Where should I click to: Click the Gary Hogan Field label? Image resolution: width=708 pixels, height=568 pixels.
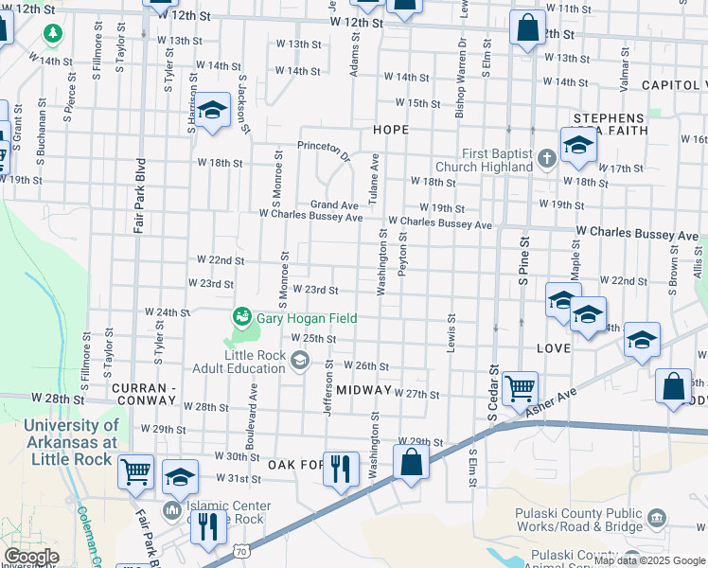pos(307,319)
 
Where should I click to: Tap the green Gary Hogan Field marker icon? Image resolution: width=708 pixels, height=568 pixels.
pos(242,316)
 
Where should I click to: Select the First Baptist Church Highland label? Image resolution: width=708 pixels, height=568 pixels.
pos(497,160)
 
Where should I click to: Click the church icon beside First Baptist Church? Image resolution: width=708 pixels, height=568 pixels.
pos(546,158)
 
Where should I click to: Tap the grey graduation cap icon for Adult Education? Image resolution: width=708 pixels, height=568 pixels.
pos(300,360)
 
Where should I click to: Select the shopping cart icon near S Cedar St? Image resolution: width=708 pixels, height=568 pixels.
pos(520,387)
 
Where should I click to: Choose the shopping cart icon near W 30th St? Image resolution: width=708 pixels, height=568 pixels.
pos(135,470)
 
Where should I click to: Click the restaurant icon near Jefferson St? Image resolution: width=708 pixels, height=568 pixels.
pos(341,468)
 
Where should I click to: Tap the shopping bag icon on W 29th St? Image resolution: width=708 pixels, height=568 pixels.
pos(411,463)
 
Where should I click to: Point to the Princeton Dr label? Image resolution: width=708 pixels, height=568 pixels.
pos(324,148)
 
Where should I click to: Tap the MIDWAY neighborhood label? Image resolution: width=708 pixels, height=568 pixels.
pos(363,390)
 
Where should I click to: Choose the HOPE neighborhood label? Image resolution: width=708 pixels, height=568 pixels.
pos(391,129)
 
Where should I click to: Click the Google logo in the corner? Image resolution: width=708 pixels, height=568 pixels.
pos(30,557)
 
